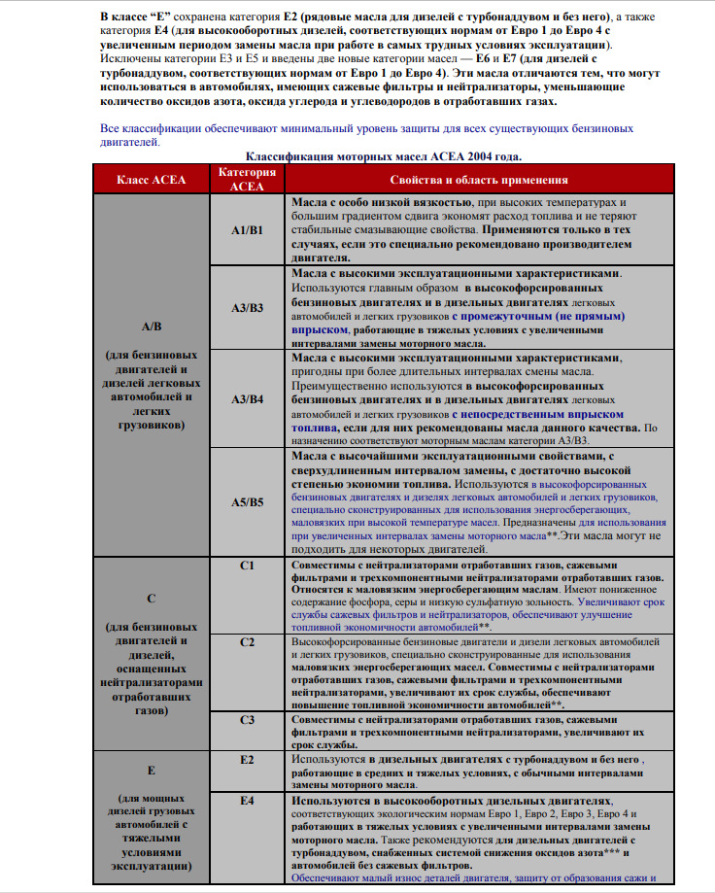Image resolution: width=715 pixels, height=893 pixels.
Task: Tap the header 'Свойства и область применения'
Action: click(478, 180)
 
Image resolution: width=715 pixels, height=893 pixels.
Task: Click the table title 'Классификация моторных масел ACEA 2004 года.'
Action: click(384, 155)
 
